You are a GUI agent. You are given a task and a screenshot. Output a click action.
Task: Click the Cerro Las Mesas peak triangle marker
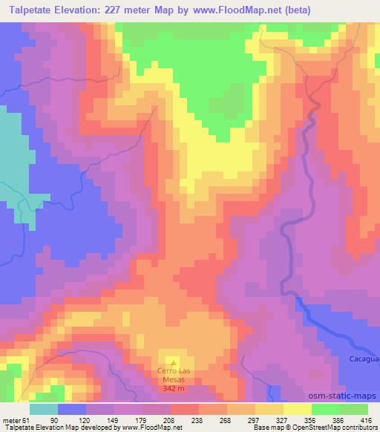click(174, 362)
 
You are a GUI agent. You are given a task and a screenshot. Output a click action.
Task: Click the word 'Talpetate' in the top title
click(30, 10)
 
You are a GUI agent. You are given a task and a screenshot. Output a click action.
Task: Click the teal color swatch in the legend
click(44, 410)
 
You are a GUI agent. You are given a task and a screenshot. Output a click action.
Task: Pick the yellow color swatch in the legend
click(298, 410)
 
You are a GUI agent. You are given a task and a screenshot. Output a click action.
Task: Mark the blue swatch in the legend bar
click(72, 410)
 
